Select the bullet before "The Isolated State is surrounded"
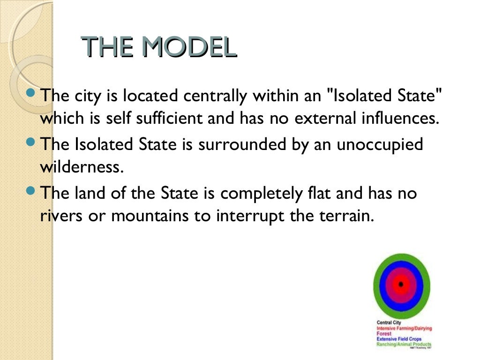tap(31, 140)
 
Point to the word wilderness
tap(82, 167)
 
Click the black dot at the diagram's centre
tap(401, 284)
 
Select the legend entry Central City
tap(389, 323)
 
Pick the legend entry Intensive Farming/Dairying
tap(404, 329)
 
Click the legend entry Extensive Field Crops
tap(399, 339)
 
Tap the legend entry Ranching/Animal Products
tap(404, 344)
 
